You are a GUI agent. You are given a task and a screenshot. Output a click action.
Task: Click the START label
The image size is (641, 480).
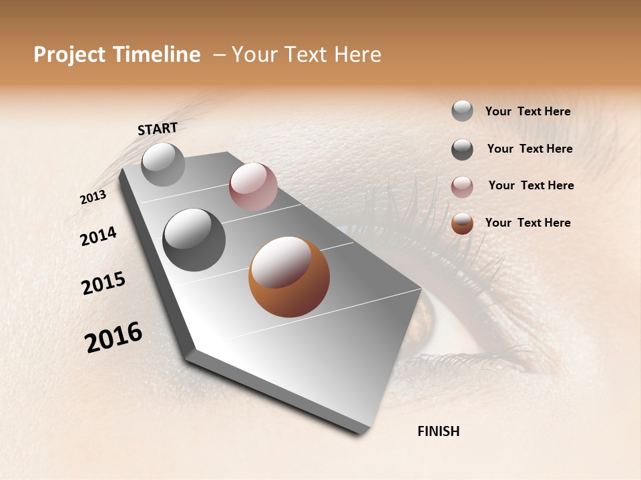158,129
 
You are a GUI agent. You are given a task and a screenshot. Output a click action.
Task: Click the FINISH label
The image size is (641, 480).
438,431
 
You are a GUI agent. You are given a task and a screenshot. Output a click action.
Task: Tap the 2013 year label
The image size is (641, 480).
93,197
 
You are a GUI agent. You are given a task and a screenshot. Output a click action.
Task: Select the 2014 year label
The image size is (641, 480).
99,236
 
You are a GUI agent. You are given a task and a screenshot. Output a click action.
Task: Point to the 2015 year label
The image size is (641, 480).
103,283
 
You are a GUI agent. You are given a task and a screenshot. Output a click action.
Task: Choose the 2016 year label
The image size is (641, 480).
114,337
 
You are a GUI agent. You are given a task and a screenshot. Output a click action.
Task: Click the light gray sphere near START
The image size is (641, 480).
163,164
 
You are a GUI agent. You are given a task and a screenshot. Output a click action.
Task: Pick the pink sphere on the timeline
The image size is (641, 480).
253,187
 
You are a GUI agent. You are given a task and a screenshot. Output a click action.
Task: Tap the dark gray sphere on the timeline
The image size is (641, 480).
194,240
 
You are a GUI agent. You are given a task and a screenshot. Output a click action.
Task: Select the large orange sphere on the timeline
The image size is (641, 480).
289,277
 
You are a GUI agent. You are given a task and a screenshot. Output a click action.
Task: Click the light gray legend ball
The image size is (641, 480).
462,111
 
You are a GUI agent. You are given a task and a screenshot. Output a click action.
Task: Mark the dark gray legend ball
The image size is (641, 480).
462,149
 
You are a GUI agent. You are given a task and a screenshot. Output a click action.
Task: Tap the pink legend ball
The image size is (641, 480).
462,187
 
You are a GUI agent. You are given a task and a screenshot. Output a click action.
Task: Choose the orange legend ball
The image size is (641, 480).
462,223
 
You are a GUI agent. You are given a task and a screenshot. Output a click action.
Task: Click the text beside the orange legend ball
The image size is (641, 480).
527,223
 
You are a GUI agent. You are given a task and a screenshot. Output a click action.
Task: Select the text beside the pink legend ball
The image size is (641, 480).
531,185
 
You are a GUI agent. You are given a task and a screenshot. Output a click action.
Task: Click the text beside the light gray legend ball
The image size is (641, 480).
527,111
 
